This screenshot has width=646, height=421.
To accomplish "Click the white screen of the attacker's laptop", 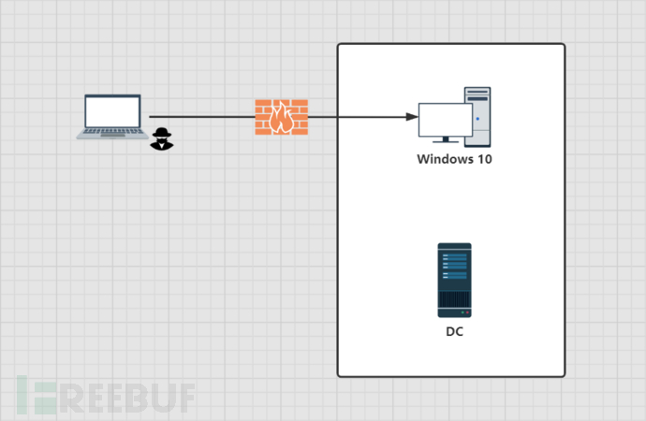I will pos(112,110).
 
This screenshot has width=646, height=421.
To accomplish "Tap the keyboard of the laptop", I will pos(112,133).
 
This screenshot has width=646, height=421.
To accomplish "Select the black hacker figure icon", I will pos(162,138).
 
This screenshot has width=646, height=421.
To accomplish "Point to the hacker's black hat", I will pos(162,131).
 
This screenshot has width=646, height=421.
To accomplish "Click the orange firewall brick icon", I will pos(281,117).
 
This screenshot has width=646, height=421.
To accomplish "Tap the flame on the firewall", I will pos(281,118).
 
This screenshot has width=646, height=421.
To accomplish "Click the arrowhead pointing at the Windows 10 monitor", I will pos(413,117).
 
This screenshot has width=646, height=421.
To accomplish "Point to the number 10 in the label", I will pos(484,160).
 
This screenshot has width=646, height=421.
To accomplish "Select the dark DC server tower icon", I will pos(454,280).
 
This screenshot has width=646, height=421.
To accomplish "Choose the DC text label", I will pos(454,331).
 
